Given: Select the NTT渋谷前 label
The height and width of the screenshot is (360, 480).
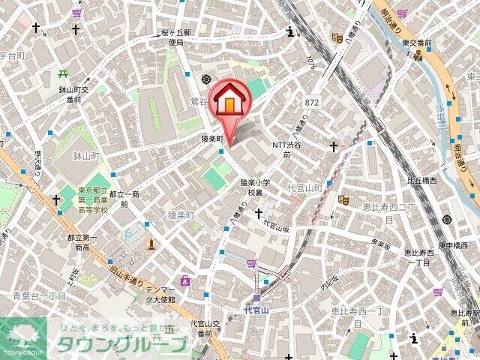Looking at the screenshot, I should click(289, 149).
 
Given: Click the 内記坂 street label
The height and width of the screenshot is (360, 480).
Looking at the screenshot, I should click(330, 285).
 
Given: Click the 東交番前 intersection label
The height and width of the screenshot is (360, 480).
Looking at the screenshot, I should click(416, 44).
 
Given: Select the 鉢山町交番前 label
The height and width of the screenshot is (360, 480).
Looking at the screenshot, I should click(72, 94).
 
